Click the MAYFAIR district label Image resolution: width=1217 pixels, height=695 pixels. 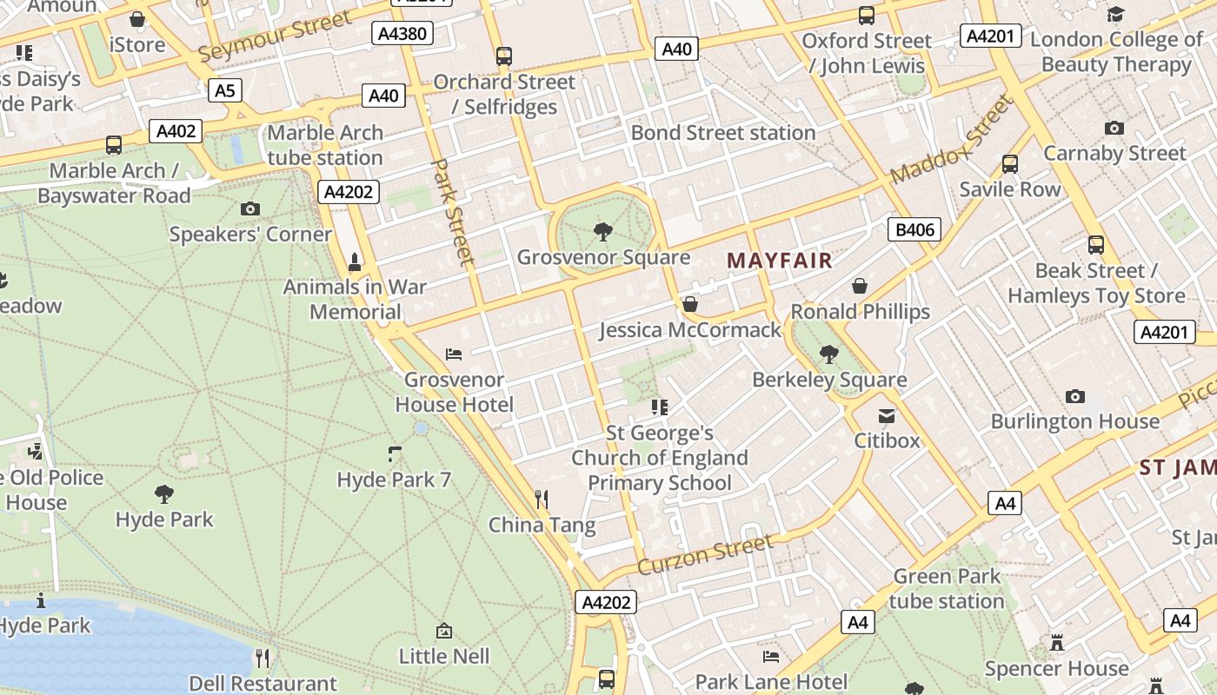tap(780, 260)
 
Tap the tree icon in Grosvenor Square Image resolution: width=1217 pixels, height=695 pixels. tap(602, 231)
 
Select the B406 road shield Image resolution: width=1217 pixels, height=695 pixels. tap(915, 229)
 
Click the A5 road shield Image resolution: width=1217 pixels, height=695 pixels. tap(224, 90)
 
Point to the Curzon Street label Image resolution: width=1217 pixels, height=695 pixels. tap(705, 555)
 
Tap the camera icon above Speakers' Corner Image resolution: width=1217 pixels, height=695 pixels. tap(250, 208)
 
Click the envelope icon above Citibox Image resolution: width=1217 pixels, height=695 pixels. tap(886, 416)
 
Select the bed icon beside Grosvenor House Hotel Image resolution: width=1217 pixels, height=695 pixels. tap(454, 354)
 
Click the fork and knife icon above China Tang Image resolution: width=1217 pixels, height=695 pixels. tap(542, 499)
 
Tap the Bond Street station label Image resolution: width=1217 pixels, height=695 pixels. tap(723, 133)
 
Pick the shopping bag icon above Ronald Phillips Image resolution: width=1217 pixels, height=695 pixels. tap(860, 286)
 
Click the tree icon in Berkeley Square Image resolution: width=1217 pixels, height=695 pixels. tap(829, 354)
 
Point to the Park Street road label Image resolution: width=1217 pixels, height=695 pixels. tap(454, 211)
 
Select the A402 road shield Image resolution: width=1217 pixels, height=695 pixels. tap(176, 131)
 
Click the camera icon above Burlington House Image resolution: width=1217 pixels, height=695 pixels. tap(1075, 396)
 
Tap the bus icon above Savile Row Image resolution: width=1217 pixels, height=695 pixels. tap(1010, 163)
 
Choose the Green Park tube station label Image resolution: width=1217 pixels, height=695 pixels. tap(947, 588)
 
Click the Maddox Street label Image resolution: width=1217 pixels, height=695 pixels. tap(951, 140)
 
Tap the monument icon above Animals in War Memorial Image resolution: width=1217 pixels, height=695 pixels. tap(354, 261)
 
